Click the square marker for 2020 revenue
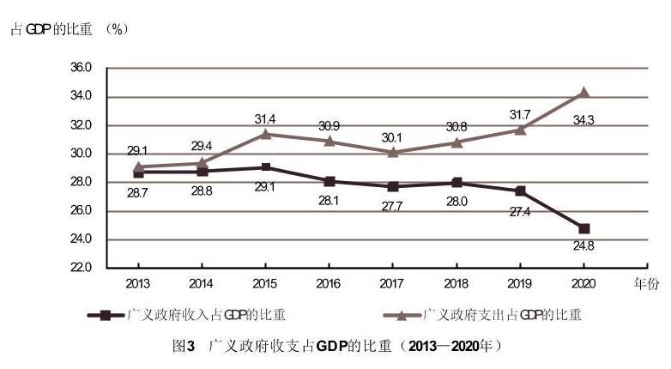point(584,228)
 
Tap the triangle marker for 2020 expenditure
point(584,92)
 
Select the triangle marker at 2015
point(266,134)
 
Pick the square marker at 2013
point(138,172)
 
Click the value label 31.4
point(265,118)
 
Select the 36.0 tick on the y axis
point(82,68)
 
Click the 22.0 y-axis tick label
point(82,268)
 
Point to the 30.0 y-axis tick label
point(82,154)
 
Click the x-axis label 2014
point(203,282)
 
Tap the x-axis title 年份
point(646,283)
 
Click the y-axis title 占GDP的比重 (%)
point(69,29)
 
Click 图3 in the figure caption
point(184,346)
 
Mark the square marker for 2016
point(330,181)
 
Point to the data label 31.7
point(518,114)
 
